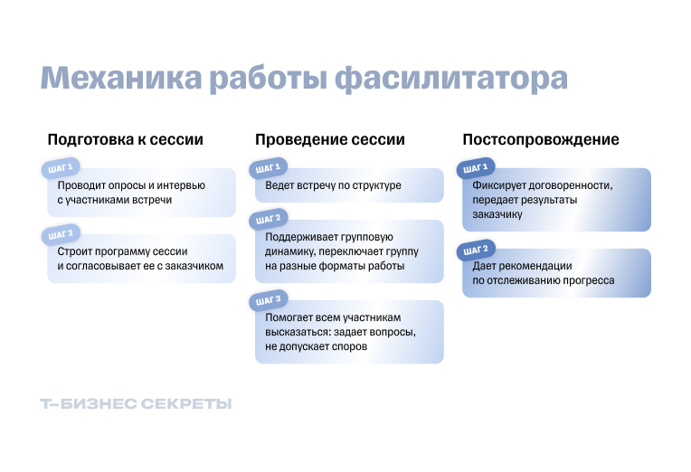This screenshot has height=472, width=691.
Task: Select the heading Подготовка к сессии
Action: coord(125,140)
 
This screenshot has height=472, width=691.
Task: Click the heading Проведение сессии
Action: coord(330,140)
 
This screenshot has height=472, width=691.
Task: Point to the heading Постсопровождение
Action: coord(541,140)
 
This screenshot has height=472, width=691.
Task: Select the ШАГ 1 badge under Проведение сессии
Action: coord(269,168)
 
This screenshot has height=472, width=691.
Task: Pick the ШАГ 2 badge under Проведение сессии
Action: coord(269,219)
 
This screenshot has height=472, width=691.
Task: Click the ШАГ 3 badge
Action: coord(269,300)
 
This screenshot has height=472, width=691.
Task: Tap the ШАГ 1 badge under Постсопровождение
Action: coord(476,168)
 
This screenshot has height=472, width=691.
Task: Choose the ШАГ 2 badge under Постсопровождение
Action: coord(476,249)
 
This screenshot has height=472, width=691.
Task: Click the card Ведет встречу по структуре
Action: coord(349,186)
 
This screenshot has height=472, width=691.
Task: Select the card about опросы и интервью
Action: coord(141,193)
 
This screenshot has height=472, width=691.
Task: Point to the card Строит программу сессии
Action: coord(141,260)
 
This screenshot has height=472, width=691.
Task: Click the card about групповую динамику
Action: coord(349,247)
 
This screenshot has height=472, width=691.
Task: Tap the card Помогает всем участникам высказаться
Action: coord(349,332)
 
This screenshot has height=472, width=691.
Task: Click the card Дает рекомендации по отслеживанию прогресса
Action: coord(556,274)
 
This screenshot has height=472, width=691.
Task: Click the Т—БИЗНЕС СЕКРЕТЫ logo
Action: coord(136,404)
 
